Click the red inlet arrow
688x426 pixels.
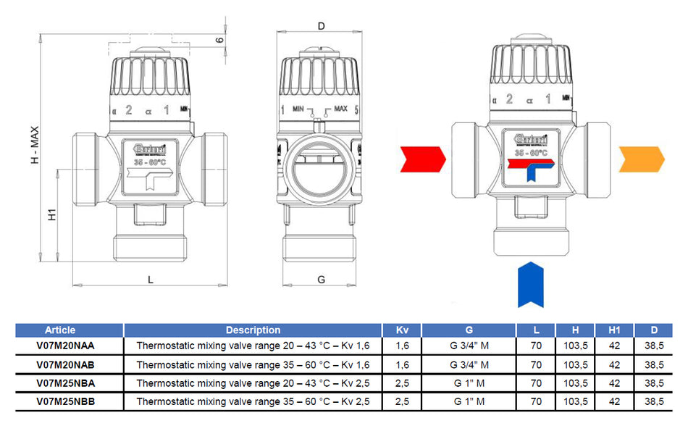[x=424, y=159]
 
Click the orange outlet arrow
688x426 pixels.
[x=641, y=159]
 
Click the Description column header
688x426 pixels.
[x=253, y=330]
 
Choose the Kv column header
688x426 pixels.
[x=402, y=330]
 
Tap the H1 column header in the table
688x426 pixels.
[x=614, y=330]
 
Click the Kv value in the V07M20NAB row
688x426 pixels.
[x=402, y=364]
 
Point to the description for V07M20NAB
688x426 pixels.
[x=253, y=364]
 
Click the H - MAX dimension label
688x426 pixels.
[x=34, y=145]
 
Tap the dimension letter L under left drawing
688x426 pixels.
[x=150, y=279]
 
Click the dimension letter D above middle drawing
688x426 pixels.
[x=322, y=26]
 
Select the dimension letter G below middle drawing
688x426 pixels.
[x=322, y=279]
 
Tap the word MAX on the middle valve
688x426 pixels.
[x=340, y=109]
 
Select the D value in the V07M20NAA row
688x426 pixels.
[x=655, y=346]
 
